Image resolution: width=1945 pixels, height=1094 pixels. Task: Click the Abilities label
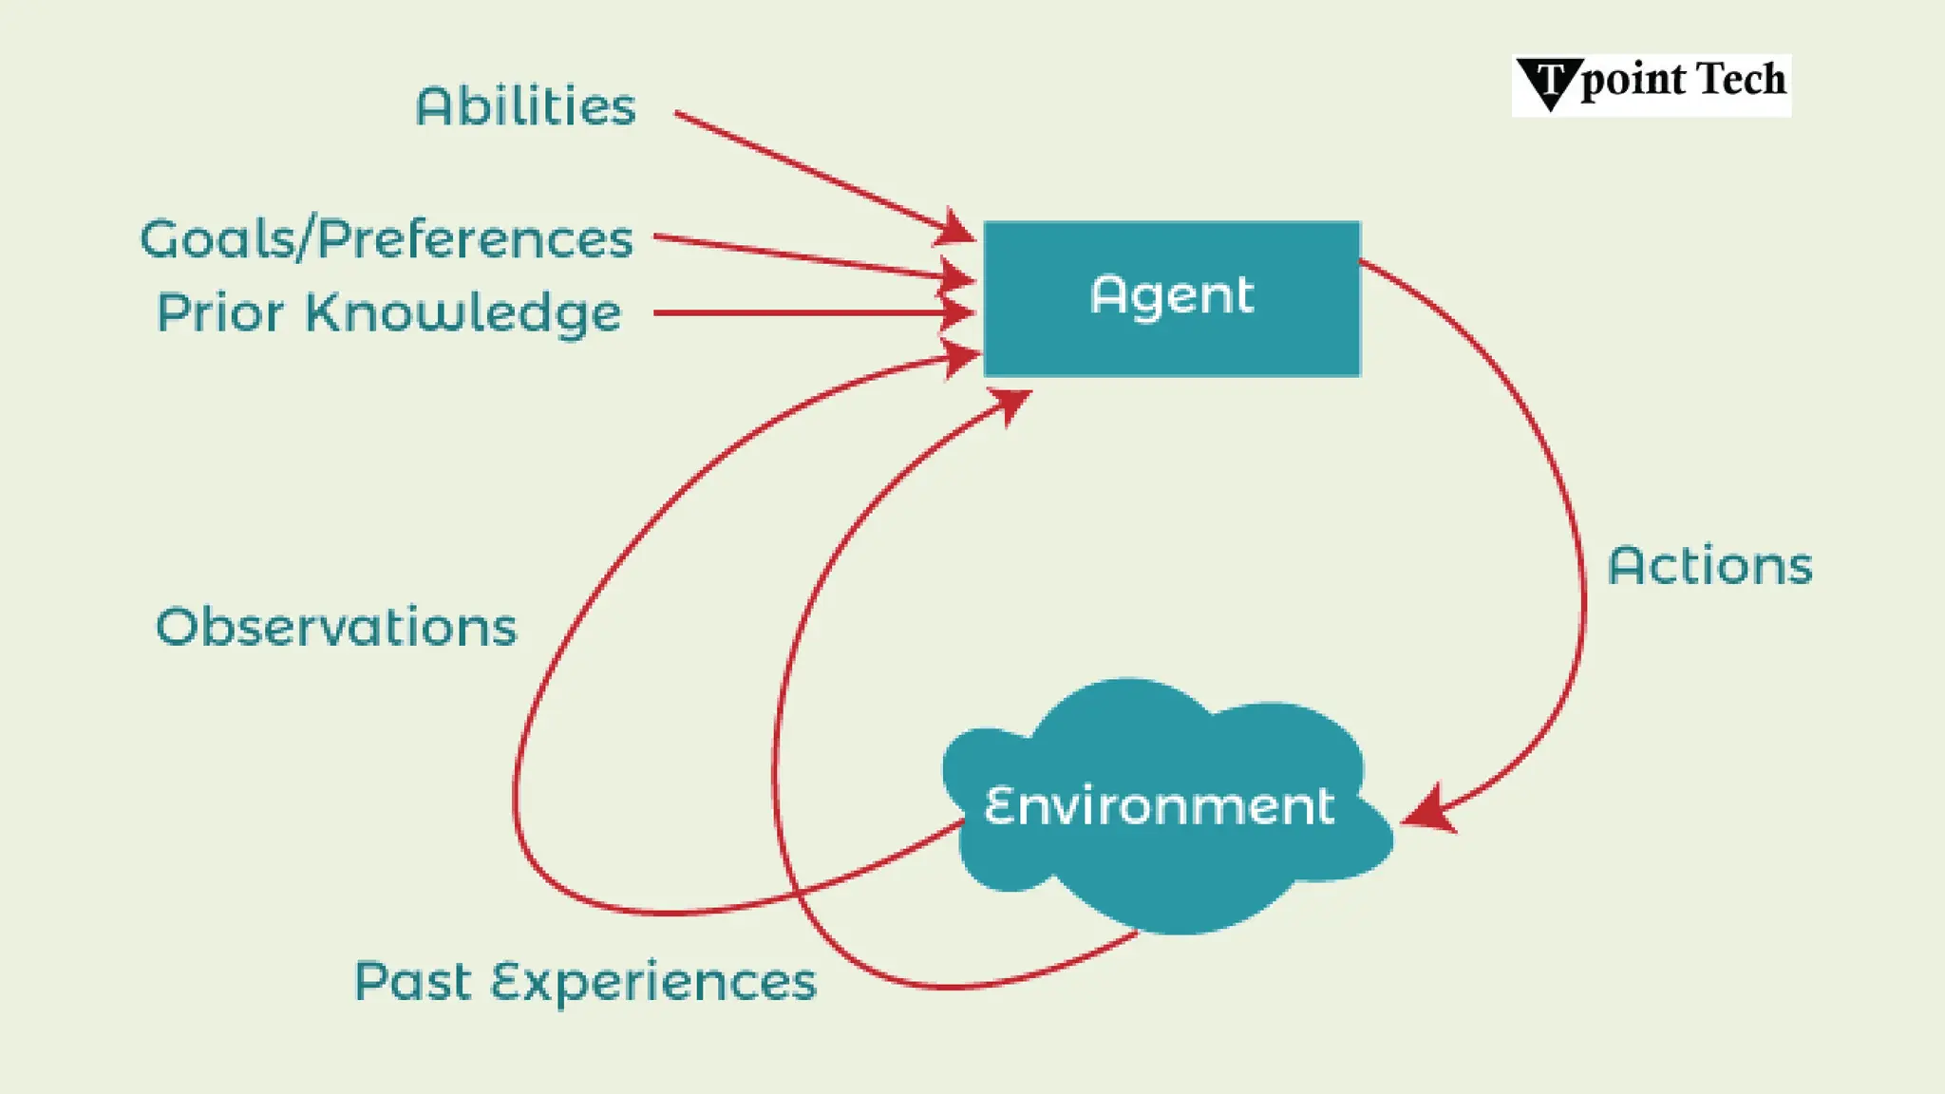click(525, 106)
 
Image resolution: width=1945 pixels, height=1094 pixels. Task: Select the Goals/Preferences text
click(387, 239)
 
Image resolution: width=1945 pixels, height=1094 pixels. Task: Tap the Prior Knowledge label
click(388, 313)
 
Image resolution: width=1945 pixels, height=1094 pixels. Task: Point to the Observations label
click(336, 628)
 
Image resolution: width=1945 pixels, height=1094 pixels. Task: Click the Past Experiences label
click(585, 982)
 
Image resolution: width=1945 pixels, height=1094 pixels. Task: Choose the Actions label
click(1709, 567)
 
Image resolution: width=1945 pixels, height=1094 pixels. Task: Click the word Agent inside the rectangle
click(1171, 295)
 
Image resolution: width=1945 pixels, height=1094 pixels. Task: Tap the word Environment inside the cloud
click(1159, 806)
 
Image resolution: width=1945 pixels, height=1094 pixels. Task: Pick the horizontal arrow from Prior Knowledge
click(798, 312)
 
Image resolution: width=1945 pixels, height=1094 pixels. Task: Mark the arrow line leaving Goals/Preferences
click(798, 256)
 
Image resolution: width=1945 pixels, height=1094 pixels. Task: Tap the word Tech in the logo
click(1741, 80)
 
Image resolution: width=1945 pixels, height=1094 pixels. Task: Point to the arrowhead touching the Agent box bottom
click(1010, 404)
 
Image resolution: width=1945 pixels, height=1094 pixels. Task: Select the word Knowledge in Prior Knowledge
click(463, 313)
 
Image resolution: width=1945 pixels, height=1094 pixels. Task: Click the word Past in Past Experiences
click(412, 982)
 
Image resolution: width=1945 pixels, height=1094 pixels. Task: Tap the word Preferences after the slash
click(474, 239)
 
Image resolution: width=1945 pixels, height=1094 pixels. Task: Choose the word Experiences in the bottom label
click(653, 982)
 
